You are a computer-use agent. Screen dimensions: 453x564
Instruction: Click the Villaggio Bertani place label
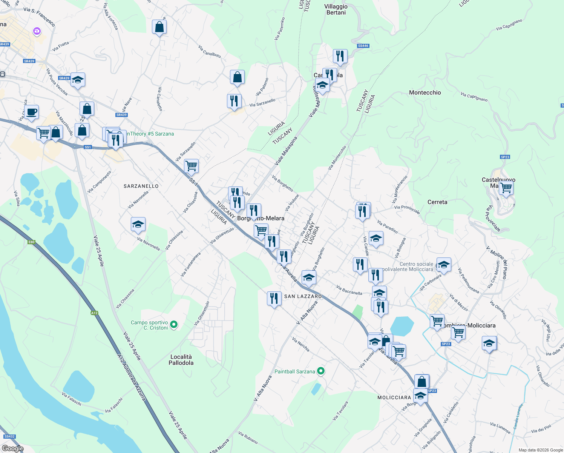pos(336,9)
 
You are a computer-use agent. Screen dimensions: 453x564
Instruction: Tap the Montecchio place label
pos(425,92)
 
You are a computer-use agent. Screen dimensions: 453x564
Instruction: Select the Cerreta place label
pos(437,202)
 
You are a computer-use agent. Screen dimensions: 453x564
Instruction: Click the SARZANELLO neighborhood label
pos(141,186)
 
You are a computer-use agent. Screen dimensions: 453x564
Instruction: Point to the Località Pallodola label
pos(181,360)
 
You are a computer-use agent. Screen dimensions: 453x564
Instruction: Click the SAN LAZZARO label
pos(303,296)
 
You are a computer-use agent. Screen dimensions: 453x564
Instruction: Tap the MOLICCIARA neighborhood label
pos(394,398)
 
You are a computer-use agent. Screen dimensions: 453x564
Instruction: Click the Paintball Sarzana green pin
pos(321,371)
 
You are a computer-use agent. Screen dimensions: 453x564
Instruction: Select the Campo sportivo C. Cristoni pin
pos(174,324)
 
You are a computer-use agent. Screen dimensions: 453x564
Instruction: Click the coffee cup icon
pos(32,112)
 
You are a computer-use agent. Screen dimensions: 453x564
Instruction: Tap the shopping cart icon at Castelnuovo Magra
pos(506,188)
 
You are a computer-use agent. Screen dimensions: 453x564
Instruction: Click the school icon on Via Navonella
pos(138,224)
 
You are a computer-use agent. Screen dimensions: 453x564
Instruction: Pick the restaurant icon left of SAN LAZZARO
pos(274,298)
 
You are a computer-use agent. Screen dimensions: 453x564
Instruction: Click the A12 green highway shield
pos(94,313)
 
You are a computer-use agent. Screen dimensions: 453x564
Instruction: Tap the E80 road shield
pos(31,242)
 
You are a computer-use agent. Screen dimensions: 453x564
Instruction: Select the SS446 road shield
pos(363,46)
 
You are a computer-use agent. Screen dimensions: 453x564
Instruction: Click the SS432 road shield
pos(9,436)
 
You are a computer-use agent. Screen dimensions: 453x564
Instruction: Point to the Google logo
pos(13,448)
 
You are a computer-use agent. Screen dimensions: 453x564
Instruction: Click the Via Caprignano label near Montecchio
pos(474,97)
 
